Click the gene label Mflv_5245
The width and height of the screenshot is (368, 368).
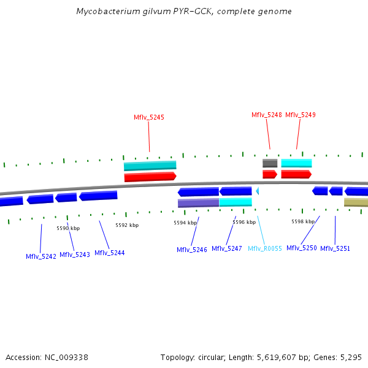tap(149, 117)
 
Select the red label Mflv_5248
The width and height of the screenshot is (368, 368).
tap(267, 115)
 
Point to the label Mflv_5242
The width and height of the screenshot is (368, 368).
tap(41, 256)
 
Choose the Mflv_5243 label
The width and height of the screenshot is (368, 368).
tap(75, 255)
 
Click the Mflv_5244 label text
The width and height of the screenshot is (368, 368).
tap(110, 253)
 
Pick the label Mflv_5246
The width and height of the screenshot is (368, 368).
tap(192, 250)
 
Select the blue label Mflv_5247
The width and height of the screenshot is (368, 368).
tap(227, 248)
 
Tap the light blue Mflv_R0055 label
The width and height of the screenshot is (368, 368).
tap(265, 248)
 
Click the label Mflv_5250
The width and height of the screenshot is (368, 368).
tap(302, 248)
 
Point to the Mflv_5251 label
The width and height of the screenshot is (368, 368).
tap(335, 248)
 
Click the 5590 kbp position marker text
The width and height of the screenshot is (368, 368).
tap(68, 228)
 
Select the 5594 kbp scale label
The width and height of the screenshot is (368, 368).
tap(185, 223)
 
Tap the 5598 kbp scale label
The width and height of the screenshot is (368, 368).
tap(303, 221)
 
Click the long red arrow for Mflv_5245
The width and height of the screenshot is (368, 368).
tap(150, 177)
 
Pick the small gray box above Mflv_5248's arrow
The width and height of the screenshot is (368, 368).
tap(270, 163)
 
